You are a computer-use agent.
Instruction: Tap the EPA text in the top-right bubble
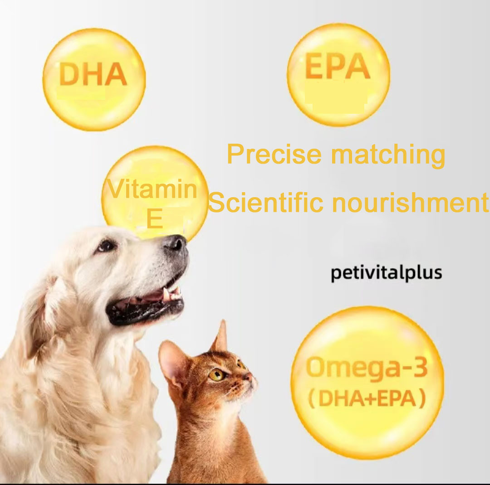(338, 67)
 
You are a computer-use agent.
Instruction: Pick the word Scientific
(265, 203)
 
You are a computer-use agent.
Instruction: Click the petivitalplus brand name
(386, 274)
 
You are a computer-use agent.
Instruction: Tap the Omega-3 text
(367, 367)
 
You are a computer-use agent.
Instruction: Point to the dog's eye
(107, 246)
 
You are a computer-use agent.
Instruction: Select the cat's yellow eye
(216, 374)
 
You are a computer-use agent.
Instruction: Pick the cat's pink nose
(248, 376)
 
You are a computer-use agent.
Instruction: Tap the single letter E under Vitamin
(155, 220)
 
